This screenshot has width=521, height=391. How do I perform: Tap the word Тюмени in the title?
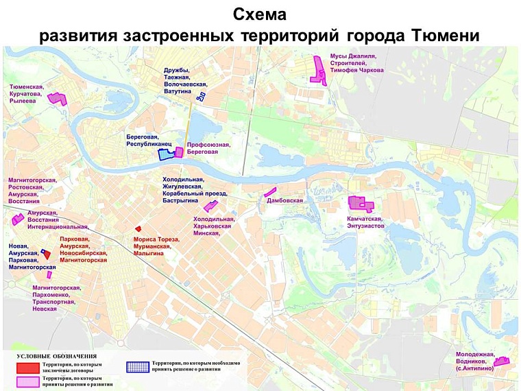point(448,35)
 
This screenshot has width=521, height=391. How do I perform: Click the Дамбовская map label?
point(284,201)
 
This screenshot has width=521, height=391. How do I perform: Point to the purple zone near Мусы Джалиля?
point(319,70)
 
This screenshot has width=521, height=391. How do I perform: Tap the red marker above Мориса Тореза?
point(138,228)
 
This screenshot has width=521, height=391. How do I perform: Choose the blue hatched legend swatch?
point(138,366)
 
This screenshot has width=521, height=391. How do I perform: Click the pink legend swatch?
point(27,381)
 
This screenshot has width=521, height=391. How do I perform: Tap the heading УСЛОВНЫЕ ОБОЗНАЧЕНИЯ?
point(56,357)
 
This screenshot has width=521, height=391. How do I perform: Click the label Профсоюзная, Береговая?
point(208,148)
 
